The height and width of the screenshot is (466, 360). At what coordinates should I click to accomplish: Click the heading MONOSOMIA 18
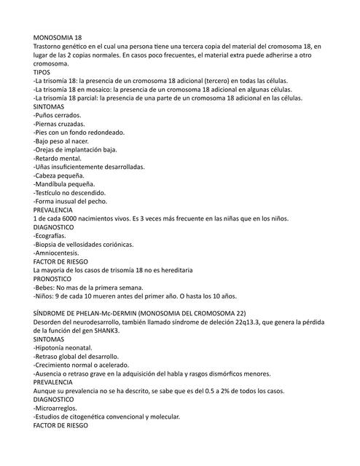coord(58,36)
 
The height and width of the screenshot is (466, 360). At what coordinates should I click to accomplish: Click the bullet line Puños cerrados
coord(58,115)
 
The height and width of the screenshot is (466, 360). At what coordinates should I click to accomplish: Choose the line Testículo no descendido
coord(69,192)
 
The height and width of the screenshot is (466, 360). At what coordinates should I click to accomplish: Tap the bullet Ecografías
coord(49,236)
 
